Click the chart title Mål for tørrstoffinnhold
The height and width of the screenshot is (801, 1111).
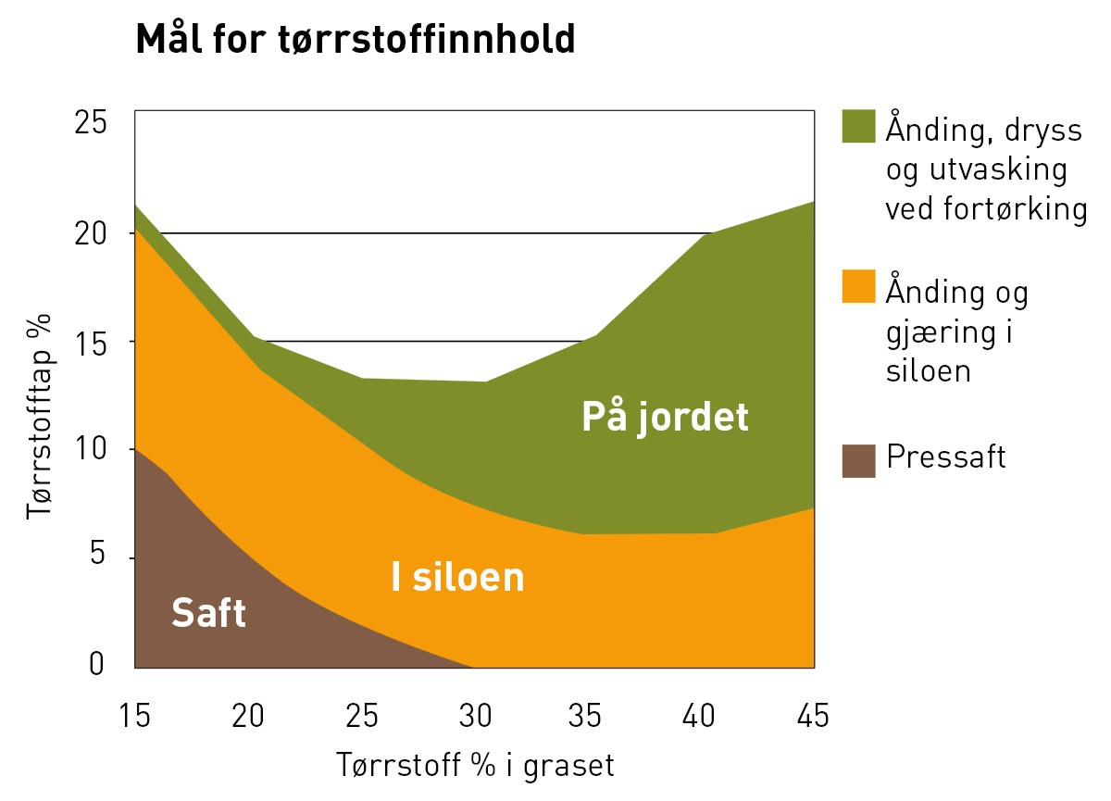point(356,40)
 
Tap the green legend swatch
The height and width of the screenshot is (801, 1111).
point(858,126)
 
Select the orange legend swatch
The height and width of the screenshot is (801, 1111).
point(858,286)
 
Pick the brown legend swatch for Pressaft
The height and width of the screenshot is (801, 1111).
point(858,460)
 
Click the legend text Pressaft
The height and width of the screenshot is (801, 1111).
point(945,457)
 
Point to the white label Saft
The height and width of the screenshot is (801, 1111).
point(209,613)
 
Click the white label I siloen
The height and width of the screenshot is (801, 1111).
point(457,578)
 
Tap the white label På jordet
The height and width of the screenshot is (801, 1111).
point(665,418)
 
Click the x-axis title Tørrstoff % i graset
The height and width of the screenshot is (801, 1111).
point(475,766)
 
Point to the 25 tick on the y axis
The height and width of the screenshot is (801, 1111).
point(90,123)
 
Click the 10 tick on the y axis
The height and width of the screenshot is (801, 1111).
point(90,449)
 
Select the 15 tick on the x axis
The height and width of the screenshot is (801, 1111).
point(135,717)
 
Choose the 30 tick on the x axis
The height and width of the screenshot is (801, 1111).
point(475,717)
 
